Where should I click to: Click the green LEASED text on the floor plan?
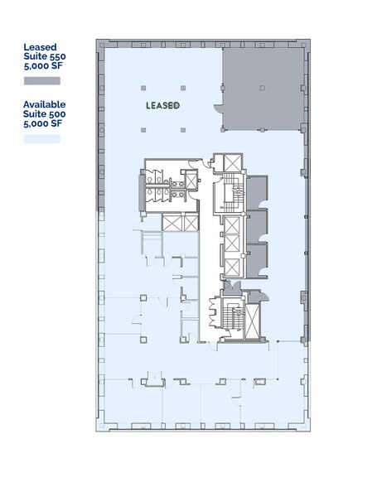click(x=162, y=106)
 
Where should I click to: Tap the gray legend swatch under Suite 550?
click(x=41, y=81)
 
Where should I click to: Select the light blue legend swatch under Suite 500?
click(x=41, y=139)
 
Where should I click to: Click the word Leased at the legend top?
click(x=41, y=46)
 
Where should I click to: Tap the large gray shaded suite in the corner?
click(x=263, y=88)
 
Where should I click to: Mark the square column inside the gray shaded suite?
click(x=262, y=88)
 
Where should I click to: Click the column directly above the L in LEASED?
click(x=144, y=87)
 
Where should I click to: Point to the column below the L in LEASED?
click(x=144, y=128)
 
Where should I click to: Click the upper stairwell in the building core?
click(x=231, y=195)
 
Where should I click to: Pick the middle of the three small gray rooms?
click(x=256, y=224)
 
